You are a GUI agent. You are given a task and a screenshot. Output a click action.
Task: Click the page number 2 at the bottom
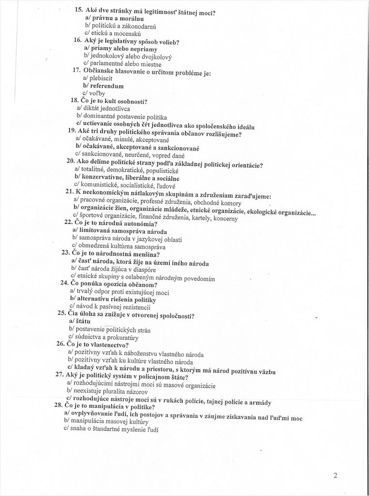point(335,475)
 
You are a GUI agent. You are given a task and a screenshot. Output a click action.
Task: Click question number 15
point(79,10)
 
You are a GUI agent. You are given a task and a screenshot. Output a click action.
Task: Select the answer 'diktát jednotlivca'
point(102,108)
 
